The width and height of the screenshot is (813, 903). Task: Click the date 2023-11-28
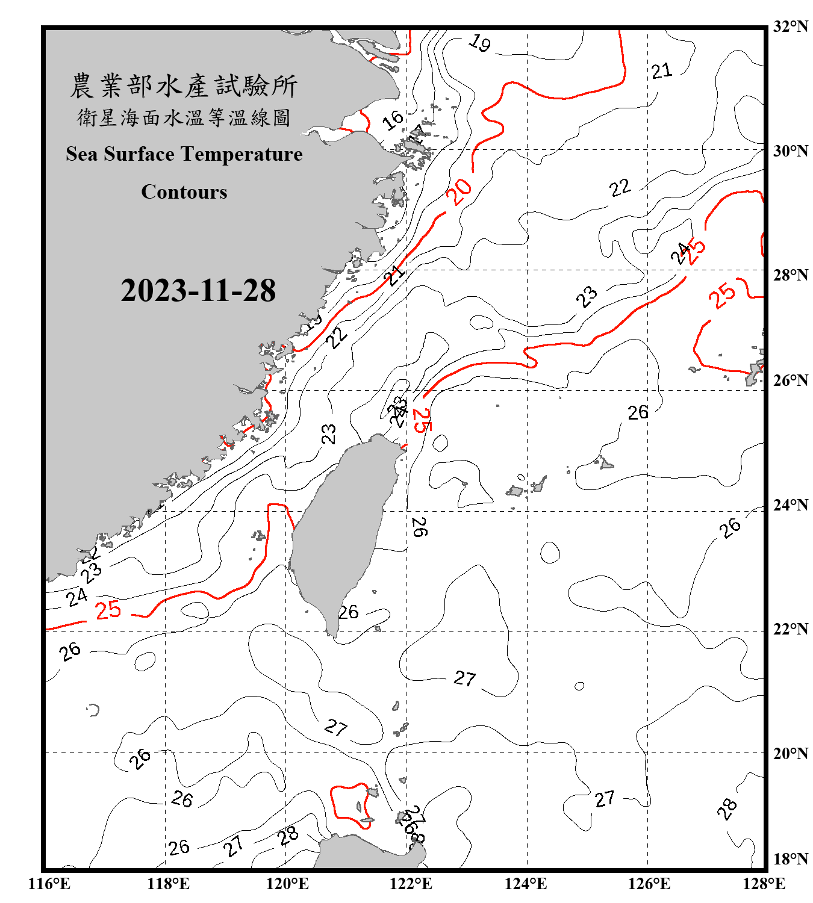(x=198, y=291)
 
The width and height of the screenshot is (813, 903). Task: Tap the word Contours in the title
(x=184, y=192)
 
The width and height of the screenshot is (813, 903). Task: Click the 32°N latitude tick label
(x=791, y=26)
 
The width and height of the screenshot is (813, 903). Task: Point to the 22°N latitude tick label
(x=791, y=629)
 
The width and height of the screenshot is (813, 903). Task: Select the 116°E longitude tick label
(x=49, y=884)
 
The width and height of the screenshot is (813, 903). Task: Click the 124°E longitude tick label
(x=526, y=884)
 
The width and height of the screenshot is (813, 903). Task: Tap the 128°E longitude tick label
(x=764, y=884)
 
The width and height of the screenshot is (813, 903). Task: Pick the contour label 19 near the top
(x=480, y=43)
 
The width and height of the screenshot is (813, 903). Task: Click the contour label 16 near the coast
(x=393, y=120)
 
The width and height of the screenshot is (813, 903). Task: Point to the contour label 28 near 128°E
(x=727, y=808)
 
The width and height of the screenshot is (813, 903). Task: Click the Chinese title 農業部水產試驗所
(x=184, y=86)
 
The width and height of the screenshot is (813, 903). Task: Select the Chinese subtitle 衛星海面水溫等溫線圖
(x=184, y=118)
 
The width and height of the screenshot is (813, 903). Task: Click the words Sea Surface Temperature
(x=184, y=154)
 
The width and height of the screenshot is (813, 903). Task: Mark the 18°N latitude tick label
(x=791, y=859)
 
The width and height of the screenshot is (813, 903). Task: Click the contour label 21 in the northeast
(x=661, y=71)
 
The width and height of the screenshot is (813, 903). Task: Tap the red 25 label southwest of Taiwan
(x=108, y=610)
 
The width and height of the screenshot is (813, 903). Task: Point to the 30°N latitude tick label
(x=791, y=151)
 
